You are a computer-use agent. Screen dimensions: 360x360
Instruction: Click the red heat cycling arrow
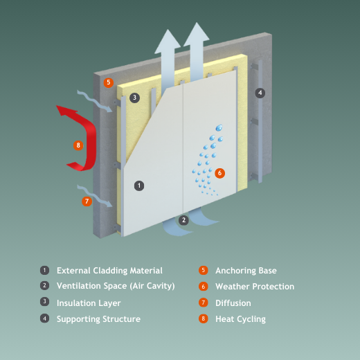pos(91,138)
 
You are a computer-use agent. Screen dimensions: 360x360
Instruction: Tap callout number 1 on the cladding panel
pos(139,186)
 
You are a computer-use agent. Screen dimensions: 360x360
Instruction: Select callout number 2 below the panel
pos(183,220)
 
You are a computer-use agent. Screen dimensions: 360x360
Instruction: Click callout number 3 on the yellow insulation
pos(134,98)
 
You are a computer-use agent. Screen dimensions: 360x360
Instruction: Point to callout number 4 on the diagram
pos(260,93)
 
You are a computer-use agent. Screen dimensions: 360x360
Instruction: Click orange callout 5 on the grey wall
pos(109,82)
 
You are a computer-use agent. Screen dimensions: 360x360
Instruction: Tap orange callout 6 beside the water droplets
pos(219,173)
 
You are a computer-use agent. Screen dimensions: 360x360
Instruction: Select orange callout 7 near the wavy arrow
pos(87,201)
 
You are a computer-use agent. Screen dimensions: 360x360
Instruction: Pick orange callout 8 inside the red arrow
pos(78,145)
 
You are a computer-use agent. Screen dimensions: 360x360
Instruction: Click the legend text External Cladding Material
pos(109,271)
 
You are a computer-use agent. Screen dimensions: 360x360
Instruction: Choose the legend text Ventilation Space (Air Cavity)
pos(116,286)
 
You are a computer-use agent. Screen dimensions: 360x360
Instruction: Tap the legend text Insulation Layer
pos(89,303)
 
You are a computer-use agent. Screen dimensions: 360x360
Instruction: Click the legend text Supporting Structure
pos(98,319)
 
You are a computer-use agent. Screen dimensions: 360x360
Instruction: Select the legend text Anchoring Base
pos(246,271)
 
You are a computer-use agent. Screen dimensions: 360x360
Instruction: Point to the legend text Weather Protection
pos(255,287)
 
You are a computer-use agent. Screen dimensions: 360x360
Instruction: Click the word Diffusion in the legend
pos(233,303)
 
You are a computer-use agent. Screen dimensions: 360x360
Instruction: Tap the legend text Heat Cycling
pos(240,319)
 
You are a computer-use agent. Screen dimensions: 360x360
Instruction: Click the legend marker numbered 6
pos(204,287)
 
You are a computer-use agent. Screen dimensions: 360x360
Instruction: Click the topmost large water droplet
pos(219,127)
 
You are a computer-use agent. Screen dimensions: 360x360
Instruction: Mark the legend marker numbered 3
pos(44,302)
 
